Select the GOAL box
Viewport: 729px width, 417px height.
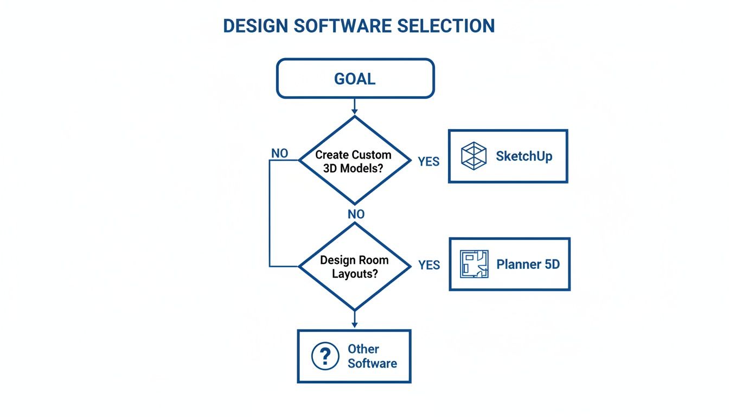[x=355, y=79]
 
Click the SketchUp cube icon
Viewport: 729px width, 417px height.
[x=474, y=156]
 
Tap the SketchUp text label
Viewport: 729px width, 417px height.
[x=524, y=156]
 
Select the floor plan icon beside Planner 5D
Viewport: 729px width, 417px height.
[x=474, y=264]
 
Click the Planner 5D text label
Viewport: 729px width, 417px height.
[x=528, y=264]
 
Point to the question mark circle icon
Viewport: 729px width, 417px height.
[x=325, y=356]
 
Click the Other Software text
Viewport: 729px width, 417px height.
[x=372, y=356]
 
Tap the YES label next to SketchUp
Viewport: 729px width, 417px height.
[x=429, y=161]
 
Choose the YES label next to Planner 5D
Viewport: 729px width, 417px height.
[x=429, y=265]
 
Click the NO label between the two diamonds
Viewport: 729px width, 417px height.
[x=356, y=214]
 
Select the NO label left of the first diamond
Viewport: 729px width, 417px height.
[x=279, y=154]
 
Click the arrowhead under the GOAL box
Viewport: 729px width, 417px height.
[x=355, y=111]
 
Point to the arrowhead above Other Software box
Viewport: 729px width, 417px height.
[x=355, y=325]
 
